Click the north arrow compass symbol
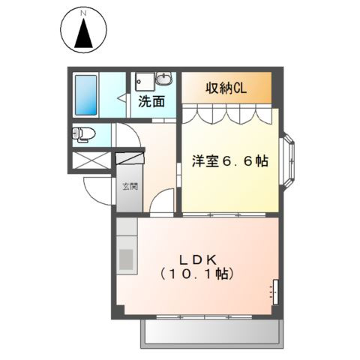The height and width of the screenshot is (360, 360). (x=83, y=34)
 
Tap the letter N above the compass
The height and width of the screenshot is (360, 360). (x=83, y=13)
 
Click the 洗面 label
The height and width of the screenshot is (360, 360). (x=151, y=101)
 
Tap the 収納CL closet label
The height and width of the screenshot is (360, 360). (x=226, y=87)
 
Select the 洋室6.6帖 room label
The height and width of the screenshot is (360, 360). (x=230, y=161)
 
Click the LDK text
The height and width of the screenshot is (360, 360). (x=199, y=259)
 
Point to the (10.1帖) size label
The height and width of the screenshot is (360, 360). (x=199, y=274)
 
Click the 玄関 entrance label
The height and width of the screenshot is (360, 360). (x=130, y=186)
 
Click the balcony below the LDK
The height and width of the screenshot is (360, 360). (x=211, y=332)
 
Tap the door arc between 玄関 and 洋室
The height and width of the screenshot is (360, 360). (x=163, y=201)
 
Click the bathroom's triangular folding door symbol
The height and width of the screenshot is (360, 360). (x=122, y=98)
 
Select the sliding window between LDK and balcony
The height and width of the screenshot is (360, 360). (x=212, y=317)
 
